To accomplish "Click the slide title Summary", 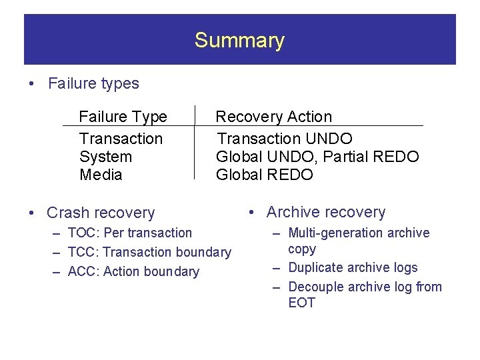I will pos(239,41).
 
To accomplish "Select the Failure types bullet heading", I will pos(93,83).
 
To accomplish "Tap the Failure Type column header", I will pos(123,117).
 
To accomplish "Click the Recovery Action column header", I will pos(273,117).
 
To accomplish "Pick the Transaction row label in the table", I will pos(121,139).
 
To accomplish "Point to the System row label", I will pos(105,157).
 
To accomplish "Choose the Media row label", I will pos(101,175).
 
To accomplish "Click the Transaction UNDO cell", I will pos(285,139).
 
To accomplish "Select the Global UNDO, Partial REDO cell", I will pos(317,157).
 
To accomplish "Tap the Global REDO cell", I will pos(264,175).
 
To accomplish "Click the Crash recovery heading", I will pos(100,213).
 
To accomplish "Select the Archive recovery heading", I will pos(325,212).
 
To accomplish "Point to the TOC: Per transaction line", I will pos(129,233).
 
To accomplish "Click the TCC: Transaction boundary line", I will pos(149,252).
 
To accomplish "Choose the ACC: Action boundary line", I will pos(133,271).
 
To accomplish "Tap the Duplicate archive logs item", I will pos(353,267).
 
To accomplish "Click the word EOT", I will pos(301,303).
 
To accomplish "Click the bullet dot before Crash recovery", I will pos(32,213).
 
